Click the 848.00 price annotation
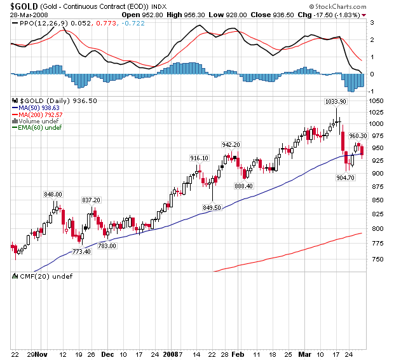tap(53, 194)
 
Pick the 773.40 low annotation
tap(81, 252)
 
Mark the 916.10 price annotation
tap(199, 158)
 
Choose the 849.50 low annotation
tap(212, 207)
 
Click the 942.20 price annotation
tap(230, 144)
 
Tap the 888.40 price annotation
tap(244, 186)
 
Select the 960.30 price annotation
tap(358, 135)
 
